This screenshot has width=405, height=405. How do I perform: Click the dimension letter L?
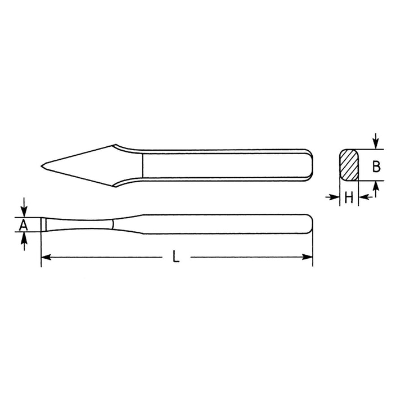(x=177, y=258)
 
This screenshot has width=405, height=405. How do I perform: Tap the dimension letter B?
(x=377, y=165)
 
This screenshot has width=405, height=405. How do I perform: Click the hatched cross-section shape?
(x=349, y=165)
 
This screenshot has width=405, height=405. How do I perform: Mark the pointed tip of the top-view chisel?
(x=42, y=165)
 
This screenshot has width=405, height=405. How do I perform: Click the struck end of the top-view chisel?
(x=311, y=165)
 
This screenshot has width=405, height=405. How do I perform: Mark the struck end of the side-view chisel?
(x=311, y=224)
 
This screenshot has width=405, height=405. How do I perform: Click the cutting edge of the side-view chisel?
(x=42, y=224)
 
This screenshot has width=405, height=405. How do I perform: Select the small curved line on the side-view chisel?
(x=114, y=224)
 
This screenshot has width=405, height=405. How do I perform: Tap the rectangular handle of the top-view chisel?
(x=225, y=165)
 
